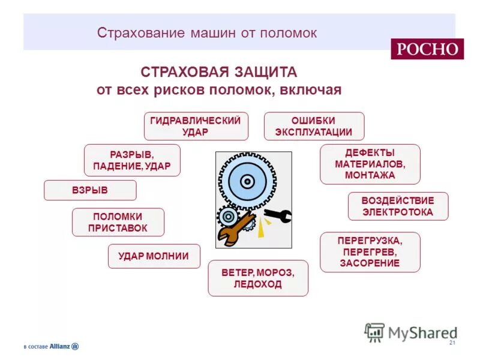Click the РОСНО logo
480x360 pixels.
coord(427,49)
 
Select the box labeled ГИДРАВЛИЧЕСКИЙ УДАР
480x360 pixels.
coord(196,126)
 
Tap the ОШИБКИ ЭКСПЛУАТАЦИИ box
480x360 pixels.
coord(314,126)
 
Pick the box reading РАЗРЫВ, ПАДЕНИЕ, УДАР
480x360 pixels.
coord(132,160)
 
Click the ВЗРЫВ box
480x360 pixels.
coord(90,190)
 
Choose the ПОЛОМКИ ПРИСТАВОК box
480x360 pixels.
coord(118,222)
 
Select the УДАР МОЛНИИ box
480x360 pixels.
coord(154,256)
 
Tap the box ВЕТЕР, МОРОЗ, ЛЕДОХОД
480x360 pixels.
coord(258,278)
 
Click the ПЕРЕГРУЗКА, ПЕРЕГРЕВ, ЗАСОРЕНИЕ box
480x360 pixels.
coord(370,252)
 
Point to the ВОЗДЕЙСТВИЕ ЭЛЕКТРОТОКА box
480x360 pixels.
coord(398,206)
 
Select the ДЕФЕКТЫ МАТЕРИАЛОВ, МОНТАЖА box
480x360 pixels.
coord(370,164)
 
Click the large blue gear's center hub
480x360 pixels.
coord(247,180)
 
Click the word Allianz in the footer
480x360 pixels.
coord(60,346)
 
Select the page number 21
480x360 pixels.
coord(452,343)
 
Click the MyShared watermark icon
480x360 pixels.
coord(374,332)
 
